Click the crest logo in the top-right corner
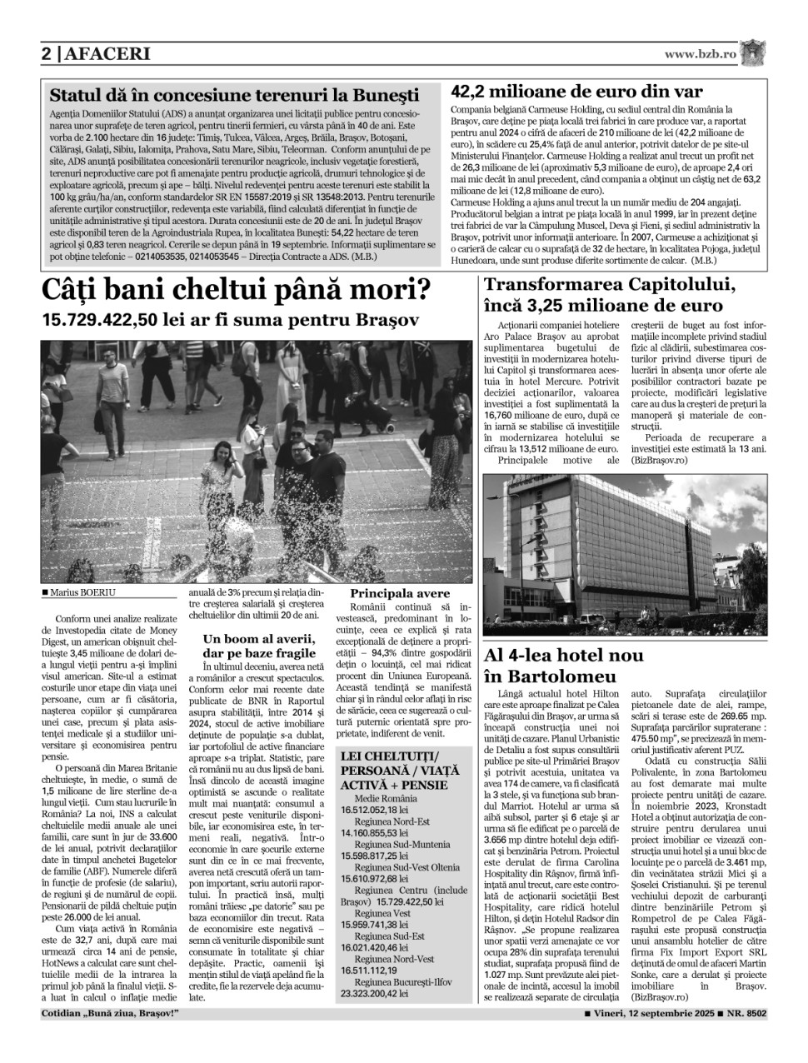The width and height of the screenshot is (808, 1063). pyautogui.click(x=753, y=52)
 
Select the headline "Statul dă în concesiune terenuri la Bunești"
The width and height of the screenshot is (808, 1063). pyautogui.click(x=234, y=95)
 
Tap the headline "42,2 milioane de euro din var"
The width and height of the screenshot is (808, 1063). pyautogui.click(x=576, y=92)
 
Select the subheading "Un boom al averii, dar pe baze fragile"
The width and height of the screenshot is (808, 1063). pyautogui.click(x=257, y=646)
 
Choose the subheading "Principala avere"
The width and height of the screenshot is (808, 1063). pyautogui.click(x=400, y=593)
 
